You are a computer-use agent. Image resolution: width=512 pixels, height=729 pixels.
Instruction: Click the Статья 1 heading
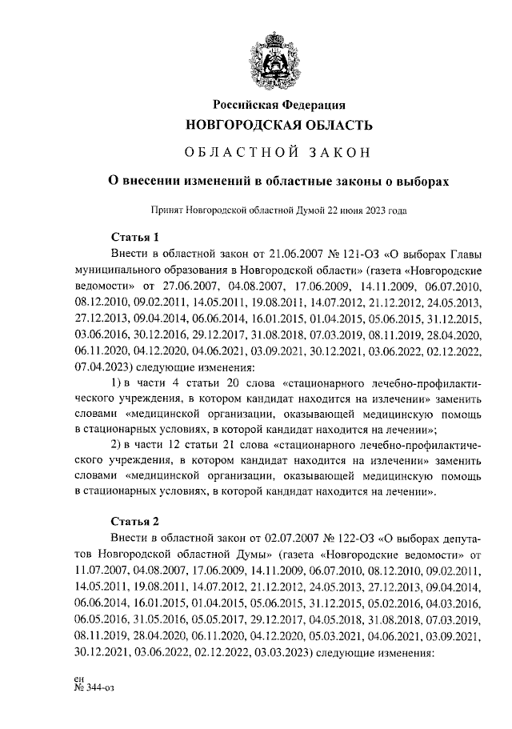pyautogui.click(x=134, y=237)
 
